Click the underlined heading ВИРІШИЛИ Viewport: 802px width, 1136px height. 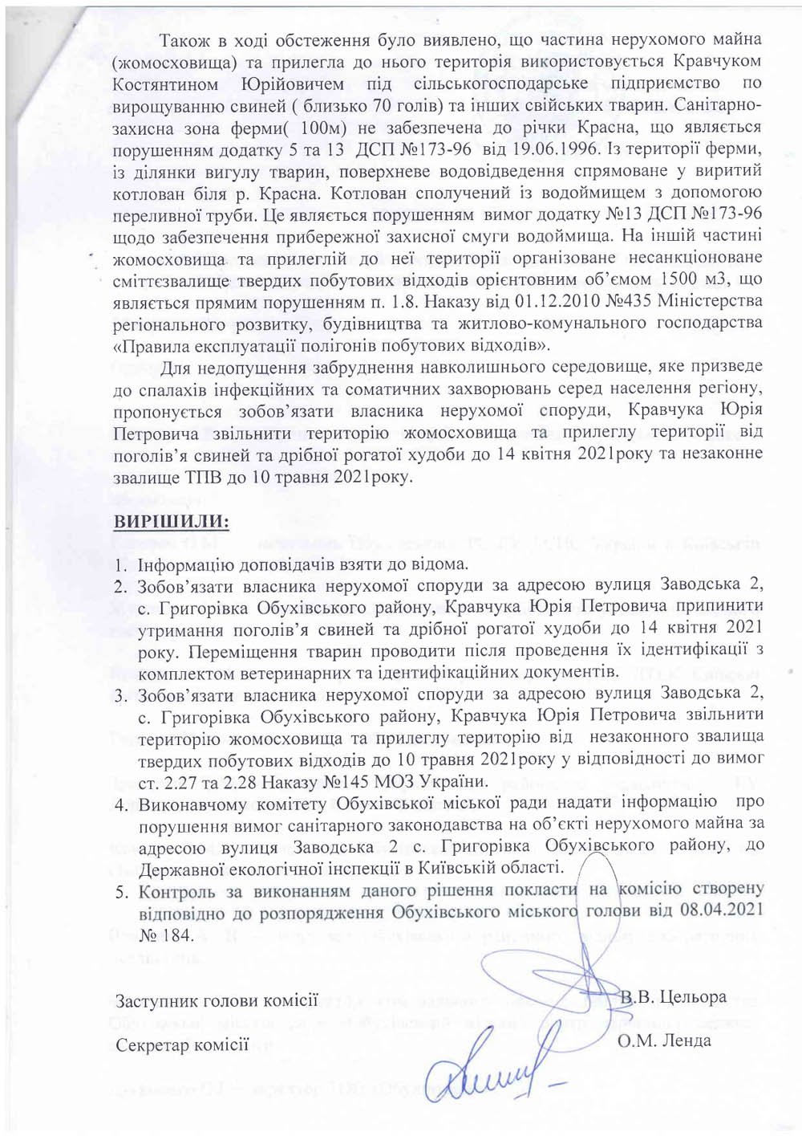coord(172,523)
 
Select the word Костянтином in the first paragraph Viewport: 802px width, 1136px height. coord(166,83)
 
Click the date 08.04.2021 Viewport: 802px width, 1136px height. coord(719,911)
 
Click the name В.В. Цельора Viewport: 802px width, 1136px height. coord(674,998)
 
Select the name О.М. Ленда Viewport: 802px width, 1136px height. coord(664,1041)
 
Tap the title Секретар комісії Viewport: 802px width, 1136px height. coord(182,1045)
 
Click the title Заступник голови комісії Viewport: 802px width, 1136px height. coord(217,1001)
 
